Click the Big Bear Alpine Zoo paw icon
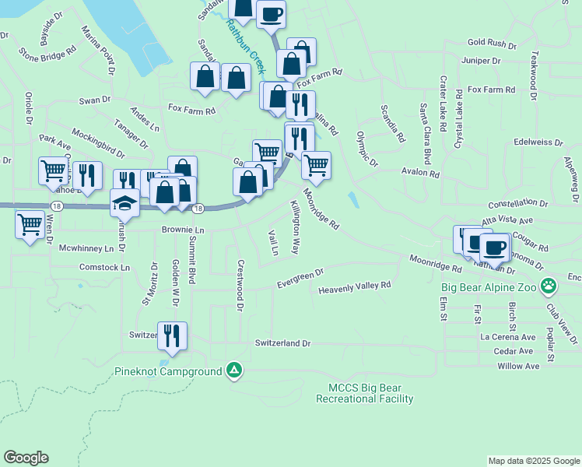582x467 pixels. tap(549, 286)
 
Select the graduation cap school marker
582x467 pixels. tap(124, 203)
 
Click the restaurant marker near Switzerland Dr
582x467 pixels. tap(172, 335)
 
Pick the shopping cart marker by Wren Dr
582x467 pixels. tap(30, 224)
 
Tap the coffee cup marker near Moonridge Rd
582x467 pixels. tap(494, 248)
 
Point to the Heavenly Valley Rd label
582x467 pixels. tap(354, 288)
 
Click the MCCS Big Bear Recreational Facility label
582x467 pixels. tap(364, 393)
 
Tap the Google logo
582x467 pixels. tap(26, 458)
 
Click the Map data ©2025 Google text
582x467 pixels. tap(533, 461)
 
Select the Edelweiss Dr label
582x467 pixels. tap(538, 143)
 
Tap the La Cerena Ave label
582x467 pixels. tap(508, 337)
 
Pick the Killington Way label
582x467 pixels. tap(295, 226)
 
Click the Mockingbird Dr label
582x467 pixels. tap(98, 139)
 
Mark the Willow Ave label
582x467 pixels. tap(518, 366)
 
